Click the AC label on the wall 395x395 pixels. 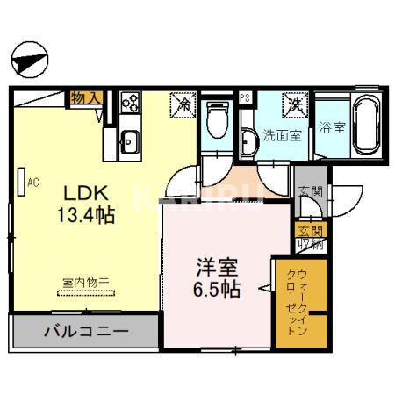33,183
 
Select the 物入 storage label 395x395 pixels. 85,97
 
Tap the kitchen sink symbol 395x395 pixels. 130,140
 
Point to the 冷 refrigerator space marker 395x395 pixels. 184,104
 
